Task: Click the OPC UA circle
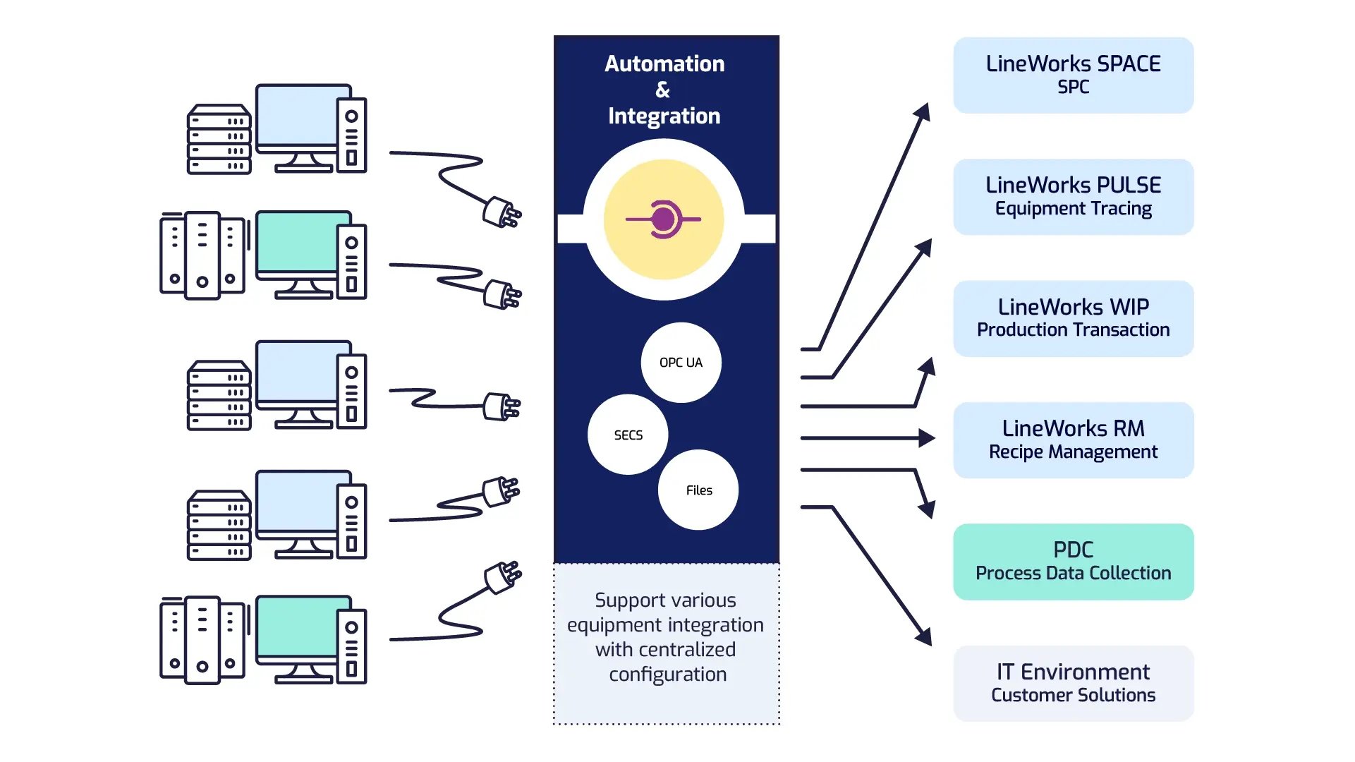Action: point(681,363)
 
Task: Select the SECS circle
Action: point(628,435)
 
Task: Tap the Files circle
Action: point(698,490)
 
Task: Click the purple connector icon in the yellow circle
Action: point(663,219)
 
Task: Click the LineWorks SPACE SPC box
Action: point(1073,75)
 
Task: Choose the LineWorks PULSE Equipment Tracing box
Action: point(1073,197)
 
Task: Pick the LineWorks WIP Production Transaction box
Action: point(1073,318)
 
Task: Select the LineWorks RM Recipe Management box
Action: point(1073,440)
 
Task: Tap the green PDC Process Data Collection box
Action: point(1073,562)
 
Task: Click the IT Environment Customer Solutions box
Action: point(1073,683)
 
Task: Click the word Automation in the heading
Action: point(664,64)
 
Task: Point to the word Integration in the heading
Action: point(664,116)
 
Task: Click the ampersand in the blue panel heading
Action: point(662,90)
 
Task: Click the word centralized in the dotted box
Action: point(665,649)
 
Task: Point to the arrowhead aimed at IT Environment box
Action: point(924,636)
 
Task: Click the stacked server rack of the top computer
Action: point(219,139)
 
